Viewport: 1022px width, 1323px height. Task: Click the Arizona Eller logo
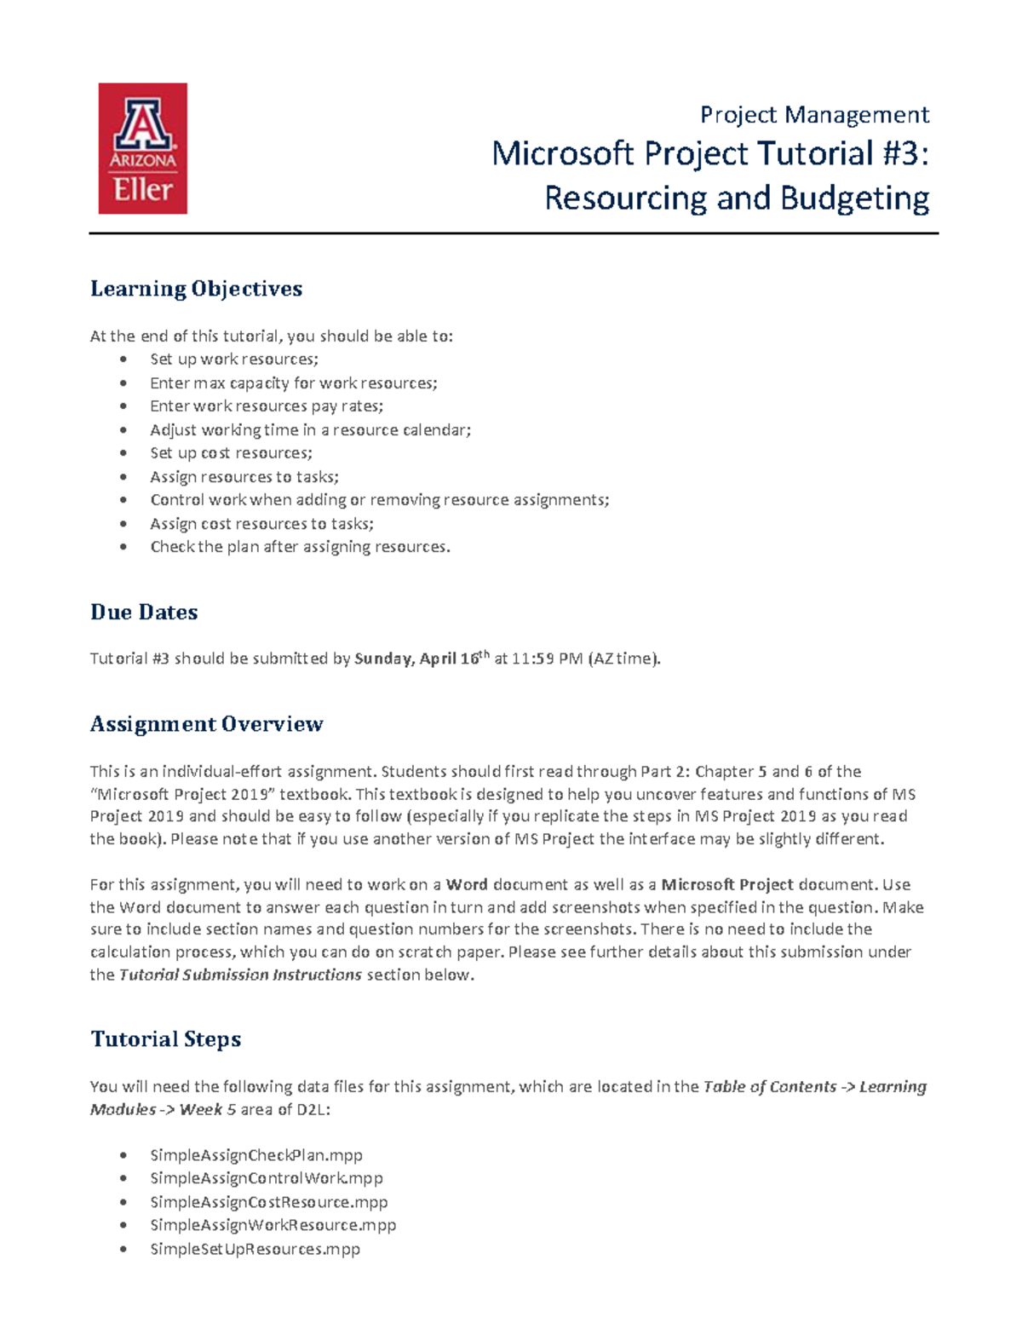click(x=142, y=148)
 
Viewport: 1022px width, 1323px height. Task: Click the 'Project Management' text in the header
click(x=813, y=114)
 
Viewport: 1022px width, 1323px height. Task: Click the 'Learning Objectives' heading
click(x=196, y=289)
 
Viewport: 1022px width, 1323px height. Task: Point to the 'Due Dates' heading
click(x=144, y=612)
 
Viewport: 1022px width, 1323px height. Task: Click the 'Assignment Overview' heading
click(x=206, y=724)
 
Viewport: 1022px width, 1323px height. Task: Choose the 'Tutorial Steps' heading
click(x=165, y=1039)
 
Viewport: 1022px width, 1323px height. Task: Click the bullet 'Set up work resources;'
click(x=234, y=360)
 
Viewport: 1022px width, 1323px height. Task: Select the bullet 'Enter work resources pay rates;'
click(x=267, y=406)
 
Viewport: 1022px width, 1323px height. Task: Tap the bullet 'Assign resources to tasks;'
click(x=244, y=477)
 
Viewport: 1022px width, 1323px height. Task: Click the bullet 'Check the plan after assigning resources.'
click(x=300, y=547)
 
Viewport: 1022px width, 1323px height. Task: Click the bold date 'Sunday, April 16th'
click(x=422, y=658)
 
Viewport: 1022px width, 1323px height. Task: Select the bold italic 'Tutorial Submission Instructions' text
click(x=240, y=975)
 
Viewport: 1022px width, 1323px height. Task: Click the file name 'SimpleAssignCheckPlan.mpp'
click(x=256, y=1155)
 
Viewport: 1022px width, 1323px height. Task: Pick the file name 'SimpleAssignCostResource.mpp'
click(x=269, y=1202)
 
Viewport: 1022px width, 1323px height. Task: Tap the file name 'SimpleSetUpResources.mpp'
click(x=255, y=1249)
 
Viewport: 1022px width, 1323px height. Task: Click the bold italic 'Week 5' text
click(x=207, y=1109)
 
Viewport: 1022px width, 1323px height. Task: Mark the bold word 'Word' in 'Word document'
click(x=466, y=884)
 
